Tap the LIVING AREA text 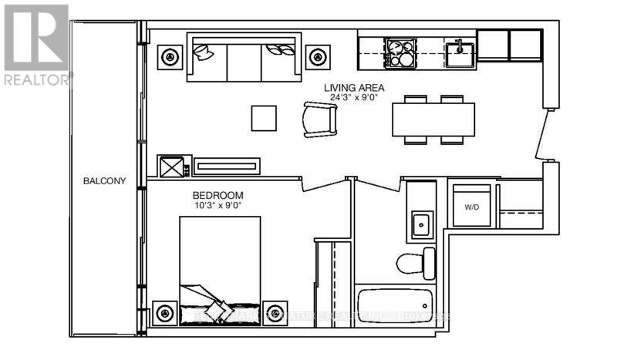(354, 88)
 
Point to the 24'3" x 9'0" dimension (354, 99)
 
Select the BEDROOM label (218, 195)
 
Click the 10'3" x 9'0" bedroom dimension (218, 206)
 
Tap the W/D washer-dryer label (471, 207)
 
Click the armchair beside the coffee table (320, 119)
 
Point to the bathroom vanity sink (421, 224)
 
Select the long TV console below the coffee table (227, 166)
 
